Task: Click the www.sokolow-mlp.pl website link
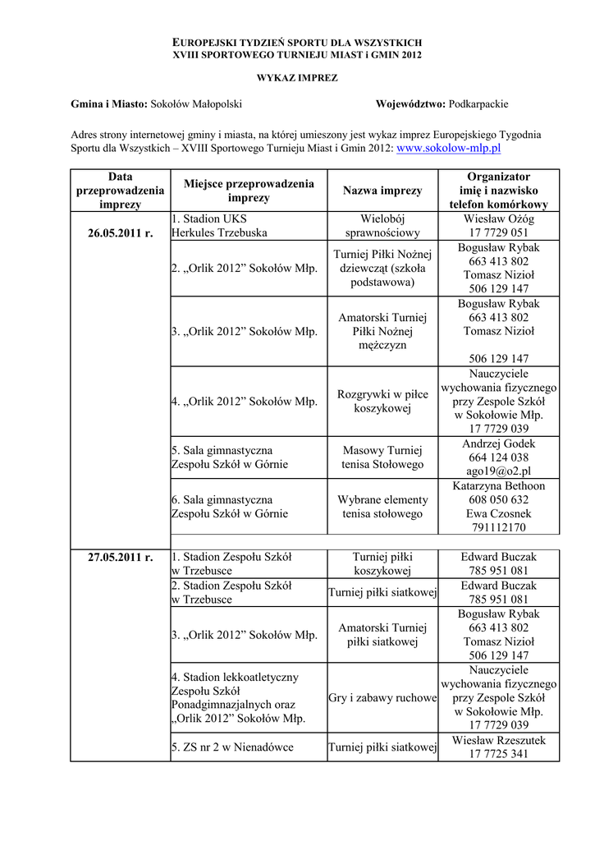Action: point(448,149)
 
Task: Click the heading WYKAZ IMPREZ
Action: point(298,77)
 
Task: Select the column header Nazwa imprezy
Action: point(382,191)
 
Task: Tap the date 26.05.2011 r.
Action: point(121,232)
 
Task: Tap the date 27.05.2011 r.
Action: point(121,558)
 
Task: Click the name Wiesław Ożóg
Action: point(498,219)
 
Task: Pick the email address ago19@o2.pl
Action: point(498,471)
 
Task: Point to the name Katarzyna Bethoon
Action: point(498,486)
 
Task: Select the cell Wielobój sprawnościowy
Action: point(382,226)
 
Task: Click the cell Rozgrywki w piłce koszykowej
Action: point(382,402)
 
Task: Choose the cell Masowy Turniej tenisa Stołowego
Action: point(382,457)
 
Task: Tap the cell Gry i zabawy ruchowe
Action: point(382,698)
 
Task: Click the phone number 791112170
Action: point(498,527)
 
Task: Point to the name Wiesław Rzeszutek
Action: point(498,741)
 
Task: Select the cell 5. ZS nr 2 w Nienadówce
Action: point(232,747)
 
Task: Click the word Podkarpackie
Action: point(479,104)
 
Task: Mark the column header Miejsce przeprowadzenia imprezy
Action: point(249,191)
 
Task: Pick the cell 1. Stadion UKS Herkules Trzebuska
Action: point(219,226)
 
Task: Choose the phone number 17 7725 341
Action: point(498,754)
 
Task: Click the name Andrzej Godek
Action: point(498,443)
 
